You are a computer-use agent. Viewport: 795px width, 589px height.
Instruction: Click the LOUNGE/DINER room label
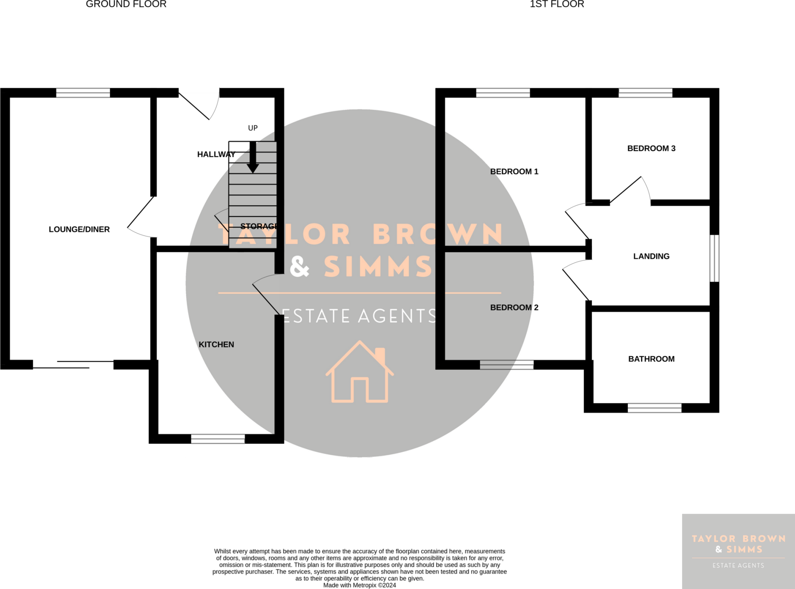pos(79,229)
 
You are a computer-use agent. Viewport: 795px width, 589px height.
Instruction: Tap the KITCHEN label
pos(216,345)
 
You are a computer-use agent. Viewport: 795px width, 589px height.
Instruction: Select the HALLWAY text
pos(216,154)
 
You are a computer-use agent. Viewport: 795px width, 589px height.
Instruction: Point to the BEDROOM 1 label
pos(514,172)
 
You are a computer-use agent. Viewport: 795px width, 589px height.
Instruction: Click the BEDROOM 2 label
pos(514,307)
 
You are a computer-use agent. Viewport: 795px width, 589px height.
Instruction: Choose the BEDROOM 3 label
pos(651,148)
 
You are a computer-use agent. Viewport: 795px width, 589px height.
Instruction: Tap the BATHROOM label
pos(651,359)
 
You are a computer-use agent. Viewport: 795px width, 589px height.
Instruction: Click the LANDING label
pos(651,256)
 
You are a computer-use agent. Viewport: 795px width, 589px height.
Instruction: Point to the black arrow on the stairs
pos(253,158)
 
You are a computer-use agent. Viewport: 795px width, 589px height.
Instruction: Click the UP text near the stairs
pos(253,128)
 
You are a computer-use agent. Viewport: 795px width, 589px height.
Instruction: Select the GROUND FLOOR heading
pos(126,4)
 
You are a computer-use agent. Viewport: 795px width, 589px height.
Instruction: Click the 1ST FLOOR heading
pos(557,4)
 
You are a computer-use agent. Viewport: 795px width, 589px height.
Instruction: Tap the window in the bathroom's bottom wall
pos(654,408)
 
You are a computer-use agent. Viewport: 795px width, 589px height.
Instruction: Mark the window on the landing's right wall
pos(714,258)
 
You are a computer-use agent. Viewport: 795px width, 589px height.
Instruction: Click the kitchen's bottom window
pos(218,439)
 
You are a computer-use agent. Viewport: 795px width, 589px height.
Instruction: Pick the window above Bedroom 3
pos(646,93)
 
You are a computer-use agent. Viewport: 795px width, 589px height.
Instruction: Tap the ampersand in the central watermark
pos(300,266)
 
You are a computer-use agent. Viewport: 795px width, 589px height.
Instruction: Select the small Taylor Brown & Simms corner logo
pos(738,551)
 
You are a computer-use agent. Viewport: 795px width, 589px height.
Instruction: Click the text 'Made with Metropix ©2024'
pos(359,585)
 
